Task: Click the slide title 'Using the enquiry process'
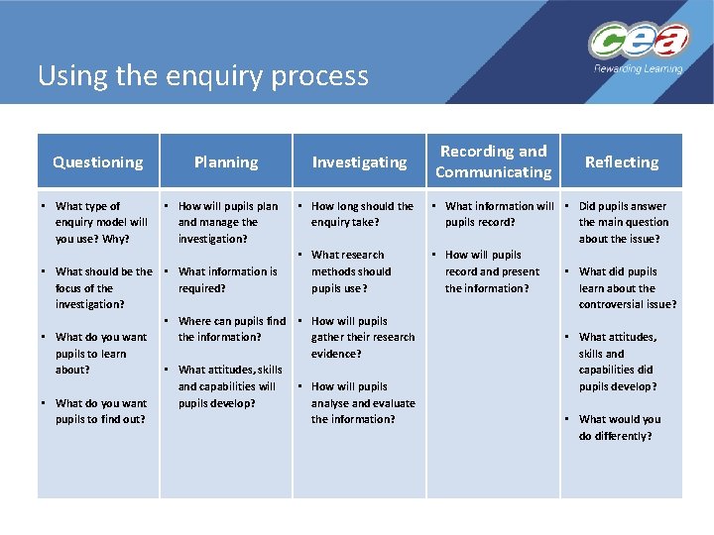[x=202, y=76]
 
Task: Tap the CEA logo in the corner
[x=638, y=42]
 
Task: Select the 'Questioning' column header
[x=97, y=161]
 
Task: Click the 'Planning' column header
[x=226, y=161]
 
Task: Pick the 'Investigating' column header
[x=359, y=161]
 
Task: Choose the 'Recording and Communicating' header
[x=494, y=161]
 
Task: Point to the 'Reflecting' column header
[x=622, y=161]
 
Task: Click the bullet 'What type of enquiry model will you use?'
[x=101, y=222]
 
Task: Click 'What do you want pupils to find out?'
[x=100, y=410]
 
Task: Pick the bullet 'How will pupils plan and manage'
[x=227, y=222]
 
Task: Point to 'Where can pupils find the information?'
[x=231, y=329]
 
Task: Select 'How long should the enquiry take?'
[x=361, y=214]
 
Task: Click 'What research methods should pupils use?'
[x=351, y=271]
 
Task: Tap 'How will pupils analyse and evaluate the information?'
[x=362, y=402]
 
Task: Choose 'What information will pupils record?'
[x=498, y=214]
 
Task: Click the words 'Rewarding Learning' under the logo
[x=639, y=69]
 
